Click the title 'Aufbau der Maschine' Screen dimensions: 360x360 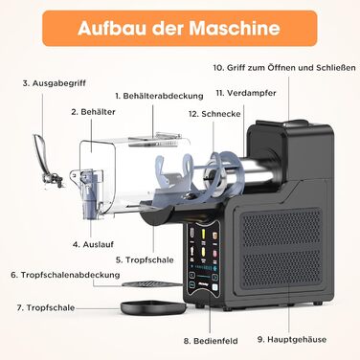point(179,28)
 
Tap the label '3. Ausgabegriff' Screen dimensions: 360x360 point(55,83)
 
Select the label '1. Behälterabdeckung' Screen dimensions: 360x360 point(159,96)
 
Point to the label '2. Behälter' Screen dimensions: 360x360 point(93,112)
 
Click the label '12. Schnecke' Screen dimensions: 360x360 point(214,114)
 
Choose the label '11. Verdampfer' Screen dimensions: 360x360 point(246,93)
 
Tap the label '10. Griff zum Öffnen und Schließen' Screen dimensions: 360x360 point(284,68)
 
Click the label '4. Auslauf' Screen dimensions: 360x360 point(93,244)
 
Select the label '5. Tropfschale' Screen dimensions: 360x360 point(145,259)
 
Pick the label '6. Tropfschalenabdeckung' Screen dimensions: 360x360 point(65,275)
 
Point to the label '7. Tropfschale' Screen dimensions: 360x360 point(46,308)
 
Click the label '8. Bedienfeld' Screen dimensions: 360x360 point(211,341)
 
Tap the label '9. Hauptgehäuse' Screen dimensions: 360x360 point(292,340)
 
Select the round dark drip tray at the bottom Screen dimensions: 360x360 point(153,307)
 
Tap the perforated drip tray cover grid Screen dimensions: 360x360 point(151,283)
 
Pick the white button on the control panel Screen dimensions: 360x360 point(214,286)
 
